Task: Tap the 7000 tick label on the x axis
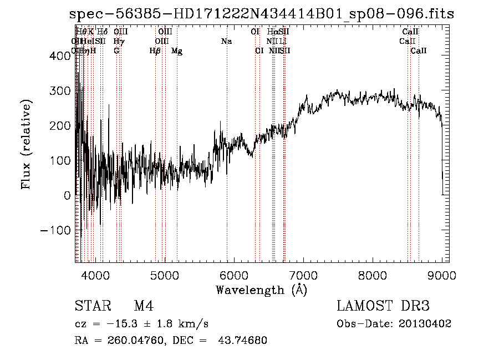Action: click(303, 275)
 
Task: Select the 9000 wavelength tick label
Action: click(442, 275)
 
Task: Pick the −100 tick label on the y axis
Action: click(55, 230)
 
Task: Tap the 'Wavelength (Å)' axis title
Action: click(261, 290)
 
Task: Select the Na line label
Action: click(226, 41)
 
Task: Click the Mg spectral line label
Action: click(177, 51)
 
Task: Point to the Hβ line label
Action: click(155, 51)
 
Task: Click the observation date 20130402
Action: click(425, 323)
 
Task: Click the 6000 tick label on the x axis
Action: click(234, 275)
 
